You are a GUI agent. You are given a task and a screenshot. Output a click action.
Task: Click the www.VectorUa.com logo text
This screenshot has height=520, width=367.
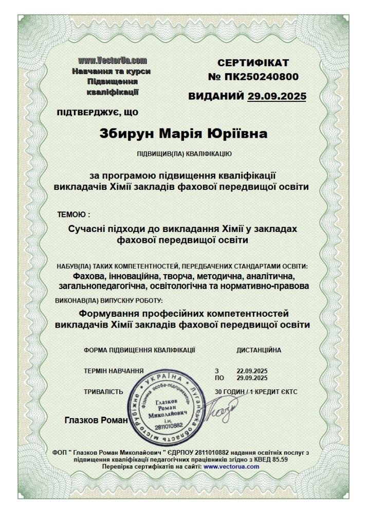click(x=113, y=62)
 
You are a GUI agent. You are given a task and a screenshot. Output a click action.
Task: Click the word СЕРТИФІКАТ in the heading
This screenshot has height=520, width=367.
click(x=253, y=63)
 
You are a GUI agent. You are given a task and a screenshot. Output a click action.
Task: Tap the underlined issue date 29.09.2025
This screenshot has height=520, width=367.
click(x=277, y=96)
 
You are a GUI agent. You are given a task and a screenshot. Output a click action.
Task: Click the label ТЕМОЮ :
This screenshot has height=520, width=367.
click(x=74, y=214)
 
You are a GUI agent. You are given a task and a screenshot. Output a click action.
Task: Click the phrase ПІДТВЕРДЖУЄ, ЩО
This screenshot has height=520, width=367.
click(x=97, y=111)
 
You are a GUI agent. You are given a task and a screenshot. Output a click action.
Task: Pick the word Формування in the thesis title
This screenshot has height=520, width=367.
click(x=111, y=313)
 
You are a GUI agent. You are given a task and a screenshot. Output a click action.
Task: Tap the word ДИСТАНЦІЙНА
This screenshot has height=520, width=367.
click(x=259, y=350)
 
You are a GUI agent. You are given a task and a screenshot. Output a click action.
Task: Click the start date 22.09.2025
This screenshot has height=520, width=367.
click(x=249, y=371)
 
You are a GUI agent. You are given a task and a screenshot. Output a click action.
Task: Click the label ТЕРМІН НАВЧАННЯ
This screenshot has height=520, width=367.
click(x=114, y=371)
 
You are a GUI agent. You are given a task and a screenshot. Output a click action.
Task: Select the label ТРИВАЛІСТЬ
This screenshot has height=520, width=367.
click(x=103, y=391)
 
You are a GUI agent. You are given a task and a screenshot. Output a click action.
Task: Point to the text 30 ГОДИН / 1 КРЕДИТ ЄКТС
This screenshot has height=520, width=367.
click(x=256, y=391)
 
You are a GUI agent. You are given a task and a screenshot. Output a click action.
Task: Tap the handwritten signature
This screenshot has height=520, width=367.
click(x=220, y=411)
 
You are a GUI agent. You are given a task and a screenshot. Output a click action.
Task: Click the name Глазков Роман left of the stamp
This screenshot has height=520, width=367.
click(x=96, y=420)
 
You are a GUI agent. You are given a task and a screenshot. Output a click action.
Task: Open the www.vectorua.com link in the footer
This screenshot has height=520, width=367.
click(x=231, y=466)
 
